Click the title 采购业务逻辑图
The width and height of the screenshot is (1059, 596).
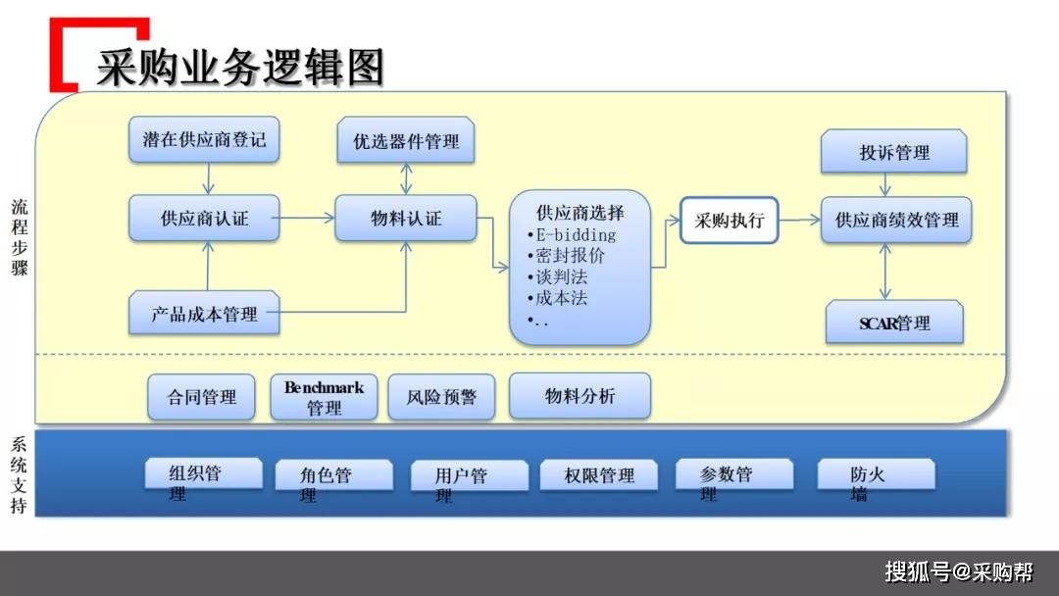pos(239,68)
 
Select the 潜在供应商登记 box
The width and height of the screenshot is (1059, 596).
pos(204,139)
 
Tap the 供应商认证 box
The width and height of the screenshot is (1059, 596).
pos(204,219)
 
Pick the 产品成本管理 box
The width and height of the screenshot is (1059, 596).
pos(204,315)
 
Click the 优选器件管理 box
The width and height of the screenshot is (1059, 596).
pos(406,141)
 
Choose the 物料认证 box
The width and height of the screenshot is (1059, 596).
pos(406,219)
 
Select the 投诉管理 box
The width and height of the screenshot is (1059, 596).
pos(894,153)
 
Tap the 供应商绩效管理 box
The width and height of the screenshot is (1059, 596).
pos(896,221)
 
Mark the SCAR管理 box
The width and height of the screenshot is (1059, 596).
pos(894,323)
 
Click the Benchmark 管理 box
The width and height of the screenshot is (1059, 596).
pos(324,397)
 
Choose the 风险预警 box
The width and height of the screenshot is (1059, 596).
pos(441,397)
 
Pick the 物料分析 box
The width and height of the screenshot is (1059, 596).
pos(580,395)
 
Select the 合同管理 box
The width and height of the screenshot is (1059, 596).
pos(202,397)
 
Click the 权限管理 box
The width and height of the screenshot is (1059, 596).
pos(599,475)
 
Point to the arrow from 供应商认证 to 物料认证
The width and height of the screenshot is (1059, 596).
pos(307,219)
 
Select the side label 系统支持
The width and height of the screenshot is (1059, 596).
pos(20,475)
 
